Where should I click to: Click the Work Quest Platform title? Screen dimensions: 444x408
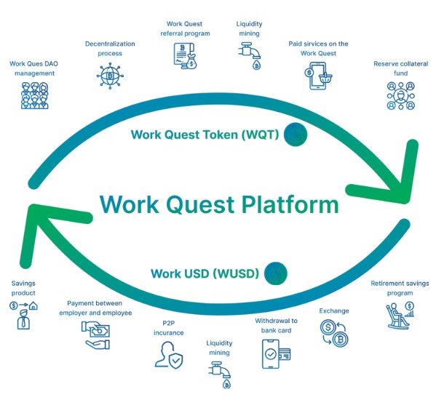coord(219,204)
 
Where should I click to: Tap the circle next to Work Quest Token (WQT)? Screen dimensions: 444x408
coord(296,135)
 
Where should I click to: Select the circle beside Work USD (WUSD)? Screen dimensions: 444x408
coord(276,273)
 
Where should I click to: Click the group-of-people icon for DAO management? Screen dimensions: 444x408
coord(34,95)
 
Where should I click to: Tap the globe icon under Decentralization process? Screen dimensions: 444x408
coord(110,76)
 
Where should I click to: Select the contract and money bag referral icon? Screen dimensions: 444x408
coord(185,56)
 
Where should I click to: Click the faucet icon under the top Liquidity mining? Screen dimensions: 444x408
coord(250,56)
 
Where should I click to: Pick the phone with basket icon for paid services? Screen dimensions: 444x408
coord(318,76)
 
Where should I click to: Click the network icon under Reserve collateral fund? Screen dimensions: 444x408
coord(400,95)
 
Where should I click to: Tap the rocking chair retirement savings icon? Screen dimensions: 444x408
coord(400,316)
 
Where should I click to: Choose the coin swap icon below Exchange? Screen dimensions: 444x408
coord(334,333)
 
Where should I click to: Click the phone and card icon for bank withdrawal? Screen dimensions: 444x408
coord(276,354)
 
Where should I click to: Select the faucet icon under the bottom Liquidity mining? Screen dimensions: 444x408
coord(220,375)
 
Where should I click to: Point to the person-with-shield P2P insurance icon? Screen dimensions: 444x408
coord(169,355)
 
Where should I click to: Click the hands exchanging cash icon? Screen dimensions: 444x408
coord(95,335)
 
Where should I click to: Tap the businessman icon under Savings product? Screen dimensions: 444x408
coord(23,316)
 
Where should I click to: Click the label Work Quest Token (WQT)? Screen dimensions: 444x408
coord(205,135)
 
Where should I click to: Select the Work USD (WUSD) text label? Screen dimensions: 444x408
coord(205,273)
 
